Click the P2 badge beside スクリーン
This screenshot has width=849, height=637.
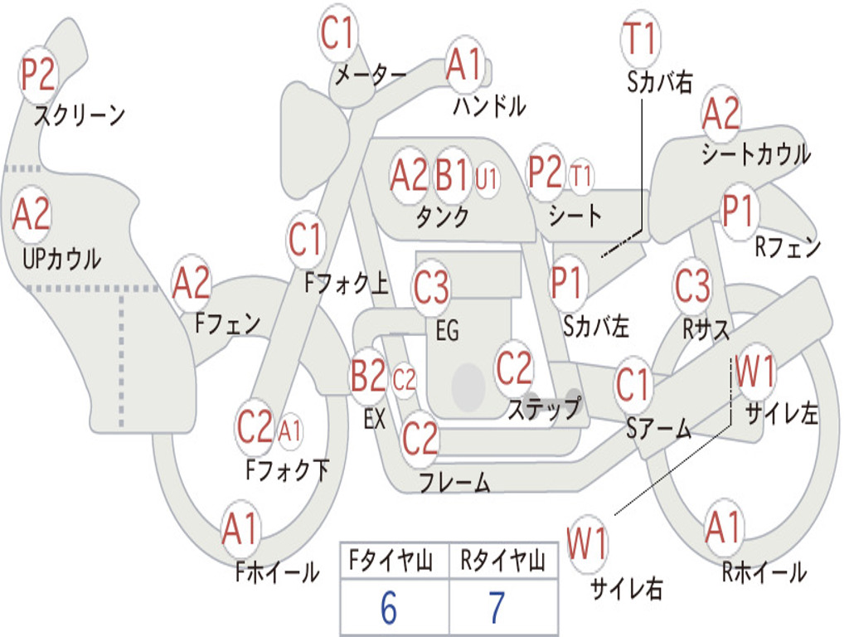coord(37,75)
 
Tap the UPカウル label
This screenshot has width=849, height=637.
coord(61,259)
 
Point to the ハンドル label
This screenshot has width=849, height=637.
coord(489,106)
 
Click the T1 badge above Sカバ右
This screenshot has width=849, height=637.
coord(640,39)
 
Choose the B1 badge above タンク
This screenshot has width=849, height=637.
coord(453,175)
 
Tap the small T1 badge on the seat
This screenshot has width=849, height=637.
coord(582,176)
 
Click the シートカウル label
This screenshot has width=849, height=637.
coord(755,154)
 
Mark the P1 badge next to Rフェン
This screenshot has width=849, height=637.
coord(737,211)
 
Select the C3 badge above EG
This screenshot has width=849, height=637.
coord(431,288)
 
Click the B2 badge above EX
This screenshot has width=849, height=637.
coord(369,377)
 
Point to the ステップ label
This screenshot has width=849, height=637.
coord(544,410)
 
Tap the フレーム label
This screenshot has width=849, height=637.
coord(454,483)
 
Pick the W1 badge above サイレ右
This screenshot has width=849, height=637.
coord(588,545)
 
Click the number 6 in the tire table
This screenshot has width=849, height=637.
coord(389,609)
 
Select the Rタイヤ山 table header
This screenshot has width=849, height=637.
coord(502,563)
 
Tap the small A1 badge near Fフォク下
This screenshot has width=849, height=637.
coord(290,430)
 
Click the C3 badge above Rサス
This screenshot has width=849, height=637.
coord(692,286)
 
